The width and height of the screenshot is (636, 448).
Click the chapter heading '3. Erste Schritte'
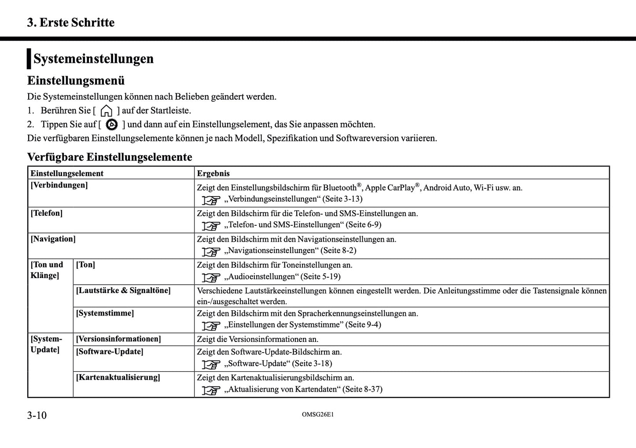[71, 22]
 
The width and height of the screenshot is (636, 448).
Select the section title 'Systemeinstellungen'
[93, 59]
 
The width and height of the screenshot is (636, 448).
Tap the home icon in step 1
[107, 110]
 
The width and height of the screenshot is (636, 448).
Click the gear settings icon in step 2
[112, 125]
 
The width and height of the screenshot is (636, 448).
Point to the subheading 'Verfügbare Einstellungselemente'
[110, 157]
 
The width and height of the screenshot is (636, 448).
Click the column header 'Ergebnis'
[213, 173]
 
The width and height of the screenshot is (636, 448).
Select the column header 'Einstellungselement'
[67, 173]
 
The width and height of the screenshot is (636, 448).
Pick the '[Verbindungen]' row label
[59, 185]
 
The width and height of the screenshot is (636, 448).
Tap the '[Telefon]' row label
[47, 213]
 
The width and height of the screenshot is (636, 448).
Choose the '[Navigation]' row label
[53, 239]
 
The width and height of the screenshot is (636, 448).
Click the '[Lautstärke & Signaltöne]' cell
[123, 290]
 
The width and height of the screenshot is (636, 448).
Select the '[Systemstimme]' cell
[105, 313]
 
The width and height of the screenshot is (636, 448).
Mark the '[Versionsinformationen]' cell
[118, 339]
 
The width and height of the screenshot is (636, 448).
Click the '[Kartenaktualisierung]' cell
[118, 378]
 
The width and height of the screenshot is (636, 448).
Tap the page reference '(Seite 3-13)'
[342, 199]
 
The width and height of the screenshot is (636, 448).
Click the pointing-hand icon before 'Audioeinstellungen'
[211, 277]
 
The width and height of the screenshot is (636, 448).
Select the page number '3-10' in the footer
[37, 415]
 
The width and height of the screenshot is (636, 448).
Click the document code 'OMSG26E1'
[318, 415]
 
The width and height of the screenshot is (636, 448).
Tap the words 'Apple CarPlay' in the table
[390, 188]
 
